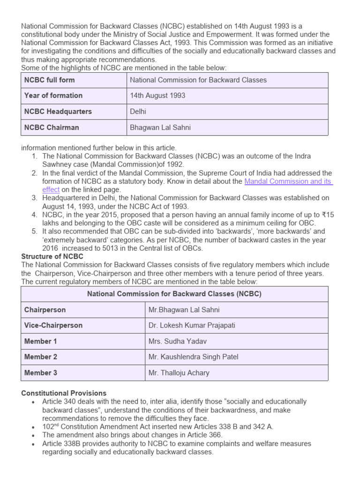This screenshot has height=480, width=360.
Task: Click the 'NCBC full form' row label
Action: pos(49,80)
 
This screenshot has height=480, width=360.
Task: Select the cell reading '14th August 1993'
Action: pos(157,96)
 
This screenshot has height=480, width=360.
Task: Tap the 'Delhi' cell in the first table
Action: pos(138,112)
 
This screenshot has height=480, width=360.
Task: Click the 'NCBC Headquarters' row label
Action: pos(58,112)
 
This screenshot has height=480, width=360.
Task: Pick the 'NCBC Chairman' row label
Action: pos(52,127)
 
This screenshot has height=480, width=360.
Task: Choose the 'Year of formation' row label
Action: pos(53,96)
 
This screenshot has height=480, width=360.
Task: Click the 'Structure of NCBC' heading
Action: pos(52,256)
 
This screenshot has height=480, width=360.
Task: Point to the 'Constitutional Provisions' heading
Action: pos(64,393)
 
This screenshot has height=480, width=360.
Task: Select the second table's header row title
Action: pos(174,294)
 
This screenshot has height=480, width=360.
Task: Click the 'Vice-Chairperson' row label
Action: pos(53,325)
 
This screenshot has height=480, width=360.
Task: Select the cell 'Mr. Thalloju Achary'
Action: pos(179,373)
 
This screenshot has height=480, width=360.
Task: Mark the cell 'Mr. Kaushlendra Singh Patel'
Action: pos(193,357)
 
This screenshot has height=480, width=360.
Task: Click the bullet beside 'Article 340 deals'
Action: pos(32,402)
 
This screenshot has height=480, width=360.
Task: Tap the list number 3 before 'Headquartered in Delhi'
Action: pos(34,198)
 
